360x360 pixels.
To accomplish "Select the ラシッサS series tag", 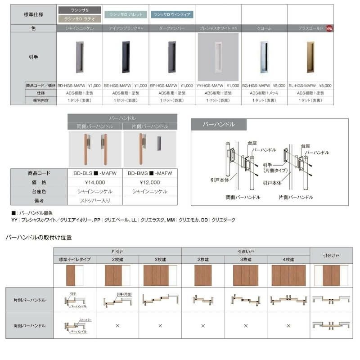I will [80, 9].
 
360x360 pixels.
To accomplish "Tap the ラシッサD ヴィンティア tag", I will [172, 14].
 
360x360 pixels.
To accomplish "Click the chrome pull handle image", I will [264, 57].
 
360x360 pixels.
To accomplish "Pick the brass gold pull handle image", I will [310, 57].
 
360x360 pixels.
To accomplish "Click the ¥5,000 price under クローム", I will [279, 85].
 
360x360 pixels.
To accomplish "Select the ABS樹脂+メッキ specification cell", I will [264, 93].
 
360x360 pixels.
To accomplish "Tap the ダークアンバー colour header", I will [171, 28].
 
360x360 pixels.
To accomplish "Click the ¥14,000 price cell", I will [95, 182].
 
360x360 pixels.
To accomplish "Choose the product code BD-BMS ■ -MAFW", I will [150, 173].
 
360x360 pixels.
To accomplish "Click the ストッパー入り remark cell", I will [95, 200].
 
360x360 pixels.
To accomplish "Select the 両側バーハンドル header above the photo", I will [95, 126].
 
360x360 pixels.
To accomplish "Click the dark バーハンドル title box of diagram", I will [219, 124].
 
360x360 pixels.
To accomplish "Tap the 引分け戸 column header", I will [331, 255].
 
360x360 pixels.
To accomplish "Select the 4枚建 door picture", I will [288, 275].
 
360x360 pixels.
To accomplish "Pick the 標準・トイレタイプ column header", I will [75, 260].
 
